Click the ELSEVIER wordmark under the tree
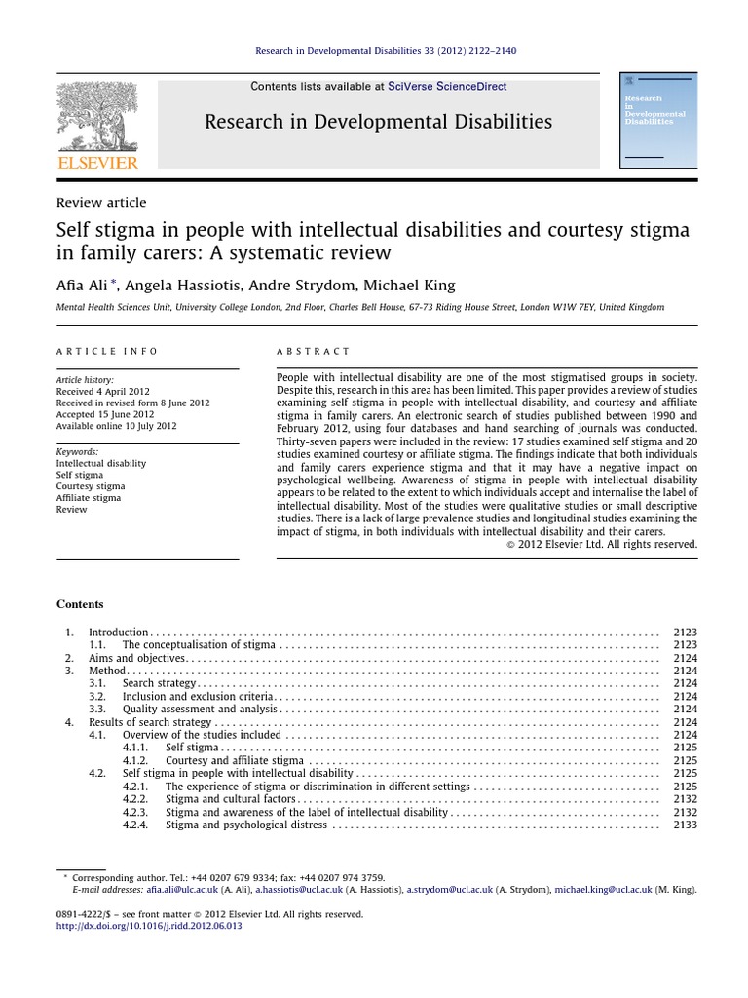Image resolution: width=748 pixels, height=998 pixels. pyautogui.click(x=97, y=162)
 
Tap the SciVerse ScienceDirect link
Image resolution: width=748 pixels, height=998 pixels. pyautogui.click(x=447, y=87)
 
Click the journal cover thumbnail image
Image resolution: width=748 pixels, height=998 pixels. pyautogui.click(x=657, y=119)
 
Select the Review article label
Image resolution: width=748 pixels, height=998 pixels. pyautogui.click(x=101, y=203)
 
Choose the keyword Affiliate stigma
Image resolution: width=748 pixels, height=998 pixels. pyautogui.click(x=89, y=498)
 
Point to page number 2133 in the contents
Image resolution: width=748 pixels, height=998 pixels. pyautogui.click(x=685, y=825)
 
